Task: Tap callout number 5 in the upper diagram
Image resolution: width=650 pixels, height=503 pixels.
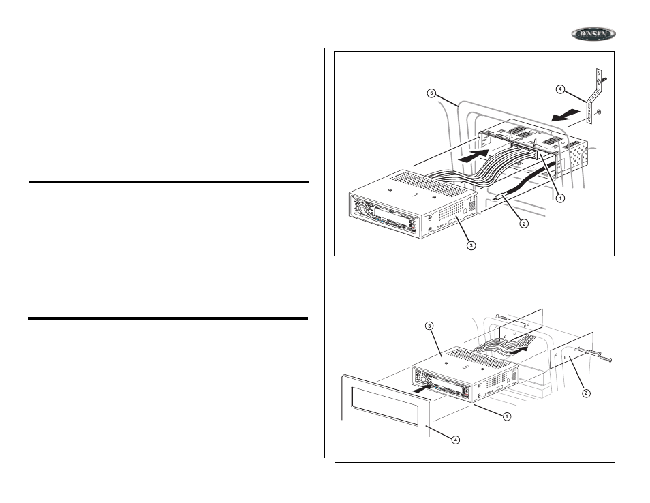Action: (x=431, y=94)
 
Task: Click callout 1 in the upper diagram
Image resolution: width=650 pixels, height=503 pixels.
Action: (x=559, y=198)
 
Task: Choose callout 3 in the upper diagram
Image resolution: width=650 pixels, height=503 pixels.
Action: (x=470, y=245)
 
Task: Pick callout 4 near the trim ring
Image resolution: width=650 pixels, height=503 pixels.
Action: (x=456, y=439)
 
